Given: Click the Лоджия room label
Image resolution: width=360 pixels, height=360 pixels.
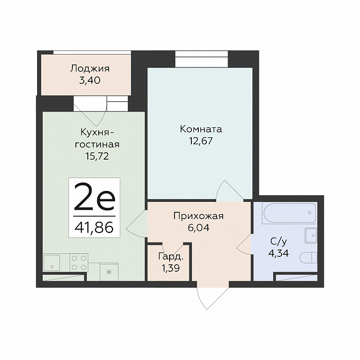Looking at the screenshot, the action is point(90,68).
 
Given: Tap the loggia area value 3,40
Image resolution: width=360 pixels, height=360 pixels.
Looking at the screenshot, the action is point(90,80).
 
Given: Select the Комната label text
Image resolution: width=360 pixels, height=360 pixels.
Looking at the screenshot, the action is point(201,129).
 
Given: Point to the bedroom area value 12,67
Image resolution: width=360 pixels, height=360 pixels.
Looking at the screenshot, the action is point(201,141).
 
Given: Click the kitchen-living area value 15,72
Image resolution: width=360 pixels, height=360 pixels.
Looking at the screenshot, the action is point(97,156).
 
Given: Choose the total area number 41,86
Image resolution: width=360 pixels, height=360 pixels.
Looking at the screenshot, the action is point(94,227).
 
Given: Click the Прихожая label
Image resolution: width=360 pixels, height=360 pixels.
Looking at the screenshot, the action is point(199,216).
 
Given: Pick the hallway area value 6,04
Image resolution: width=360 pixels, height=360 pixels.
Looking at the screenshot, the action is point(199,228).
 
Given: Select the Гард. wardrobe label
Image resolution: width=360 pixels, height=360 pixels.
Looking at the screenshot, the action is point(171,256).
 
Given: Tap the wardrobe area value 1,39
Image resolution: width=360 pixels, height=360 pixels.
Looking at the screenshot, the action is point(171,268).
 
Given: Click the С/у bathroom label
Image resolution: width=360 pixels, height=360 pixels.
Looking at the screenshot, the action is point(279,241).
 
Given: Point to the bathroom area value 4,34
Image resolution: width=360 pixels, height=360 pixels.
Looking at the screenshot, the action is point(279,253).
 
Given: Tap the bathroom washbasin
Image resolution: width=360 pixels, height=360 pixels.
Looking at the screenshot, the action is point(311,236).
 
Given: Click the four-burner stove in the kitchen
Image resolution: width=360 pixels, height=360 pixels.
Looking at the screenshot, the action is point(79,262).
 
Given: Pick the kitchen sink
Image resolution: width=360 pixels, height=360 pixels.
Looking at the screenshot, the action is point(52,262).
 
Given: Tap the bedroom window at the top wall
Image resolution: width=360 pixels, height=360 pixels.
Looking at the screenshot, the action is point(202,59).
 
